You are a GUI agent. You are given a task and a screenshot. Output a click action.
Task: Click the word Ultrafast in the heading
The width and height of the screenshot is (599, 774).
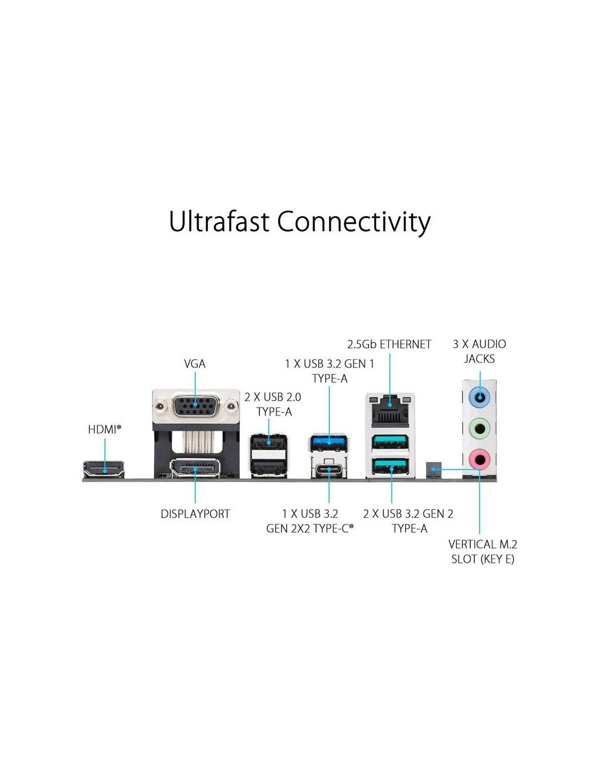pyautogui.click(x=218, y=222)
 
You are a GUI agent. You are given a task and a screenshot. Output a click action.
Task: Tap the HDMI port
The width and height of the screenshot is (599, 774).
pyautogui.click(x=103, y=469)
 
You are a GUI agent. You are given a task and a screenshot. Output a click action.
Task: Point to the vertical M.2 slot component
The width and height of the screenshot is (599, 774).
pyautogui.click(x=433, y=470)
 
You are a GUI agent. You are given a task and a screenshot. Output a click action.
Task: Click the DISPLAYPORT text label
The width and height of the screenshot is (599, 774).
pyautogui.click(x=195, y=514)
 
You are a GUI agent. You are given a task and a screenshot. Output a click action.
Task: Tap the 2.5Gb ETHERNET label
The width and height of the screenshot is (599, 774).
pyautogui.click(x=389, y=345)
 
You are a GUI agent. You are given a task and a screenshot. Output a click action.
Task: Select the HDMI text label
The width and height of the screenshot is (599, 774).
pyautogui.click(x=105, y=429)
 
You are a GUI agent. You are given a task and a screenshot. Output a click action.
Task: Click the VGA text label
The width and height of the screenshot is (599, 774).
pyautogui.click(x=195, y=364)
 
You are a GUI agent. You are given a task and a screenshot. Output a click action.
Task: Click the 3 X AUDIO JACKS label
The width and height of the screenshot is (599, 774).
pyautogui.click(x=479, y=352)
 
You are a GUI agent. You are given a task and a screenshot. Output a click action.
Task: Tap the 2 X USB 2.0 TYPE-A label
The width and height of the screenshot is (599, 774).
pyautogui.click(x=273, y=404)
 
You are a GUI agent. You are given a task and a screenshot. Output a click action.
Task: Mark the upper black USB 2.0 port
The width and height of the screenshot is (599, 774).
pyautogui.click(x=269, y=443)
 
